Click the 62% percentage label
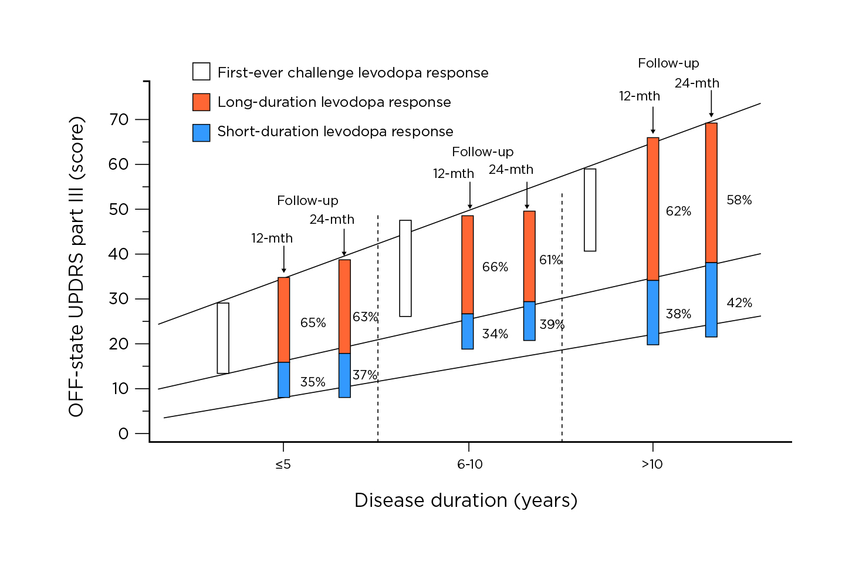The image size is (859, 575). (x=678, y=211)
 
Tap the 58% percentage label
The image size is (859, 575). (x=739, y=200)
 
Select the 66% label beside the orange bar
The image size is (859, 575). (x=495, y=267)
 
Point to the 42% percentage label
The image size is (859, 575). (x=739, y=303)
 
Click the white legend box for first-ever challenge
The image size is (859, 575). (x=201, y=72)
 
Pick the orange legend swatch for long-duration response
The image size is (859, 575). (x=201, y=102)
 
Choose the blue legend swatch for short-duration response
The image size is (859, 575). (x=201, y=132)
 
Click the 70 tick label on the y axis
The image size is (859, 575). (x=119, y=120)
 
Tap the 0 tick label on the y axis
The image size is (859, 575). (x=123, y=434)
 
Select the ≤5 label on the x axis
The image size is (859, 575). (x=283, y=465)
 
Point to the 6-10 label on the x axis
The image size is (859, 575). (x=469, y=465)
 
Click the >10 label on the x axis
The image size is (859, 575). (x=652, y=465)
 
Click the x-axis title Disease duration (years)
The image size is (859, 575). (x=466, y=500)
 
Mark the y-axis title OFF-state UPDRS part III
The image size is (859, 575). (x=77, y=267)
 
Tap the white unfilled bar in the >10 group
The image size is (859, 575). (x=590, y=210)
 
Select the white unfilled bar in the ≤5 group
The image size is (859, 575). (x=223, y=338)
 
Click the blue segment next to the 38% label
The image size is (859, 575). (x=652, y=312)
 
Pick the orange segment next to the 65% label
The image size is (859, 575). (x=283, y=320)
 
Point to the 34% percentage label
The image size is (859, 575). (x=495, y=334)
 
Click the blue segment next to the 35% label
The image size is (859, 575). (x=283, y=380)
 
